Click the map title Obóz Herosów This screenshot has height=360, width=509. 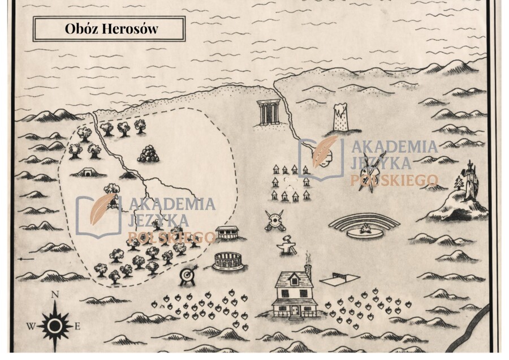[109, 29]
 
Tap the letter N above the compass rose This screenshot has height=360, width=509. [55, 294]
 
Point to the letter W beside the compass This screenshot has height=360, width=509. [31, 326]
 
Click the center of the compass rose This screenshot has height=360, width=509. [54, 325]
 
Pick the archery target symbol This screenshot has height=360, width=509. [187, 275]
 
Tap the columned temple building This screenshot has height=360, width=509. [268, 112]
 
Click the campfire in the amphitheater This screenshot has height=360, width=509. [364, 230]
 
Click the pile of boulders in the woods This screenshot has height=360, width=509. [149, 153]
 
